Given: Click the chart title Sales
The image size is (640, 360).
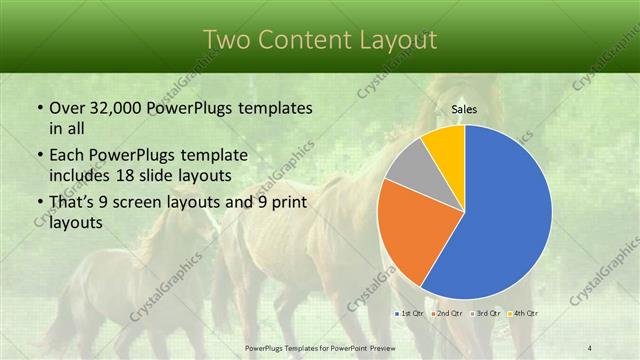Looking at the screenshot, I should click(464, 110).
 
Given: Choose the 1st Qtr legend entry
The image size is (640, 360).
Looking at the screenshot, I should click(411, 313).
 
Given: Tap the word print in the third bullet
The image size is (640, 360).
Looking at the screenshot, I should click(290, 203).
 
